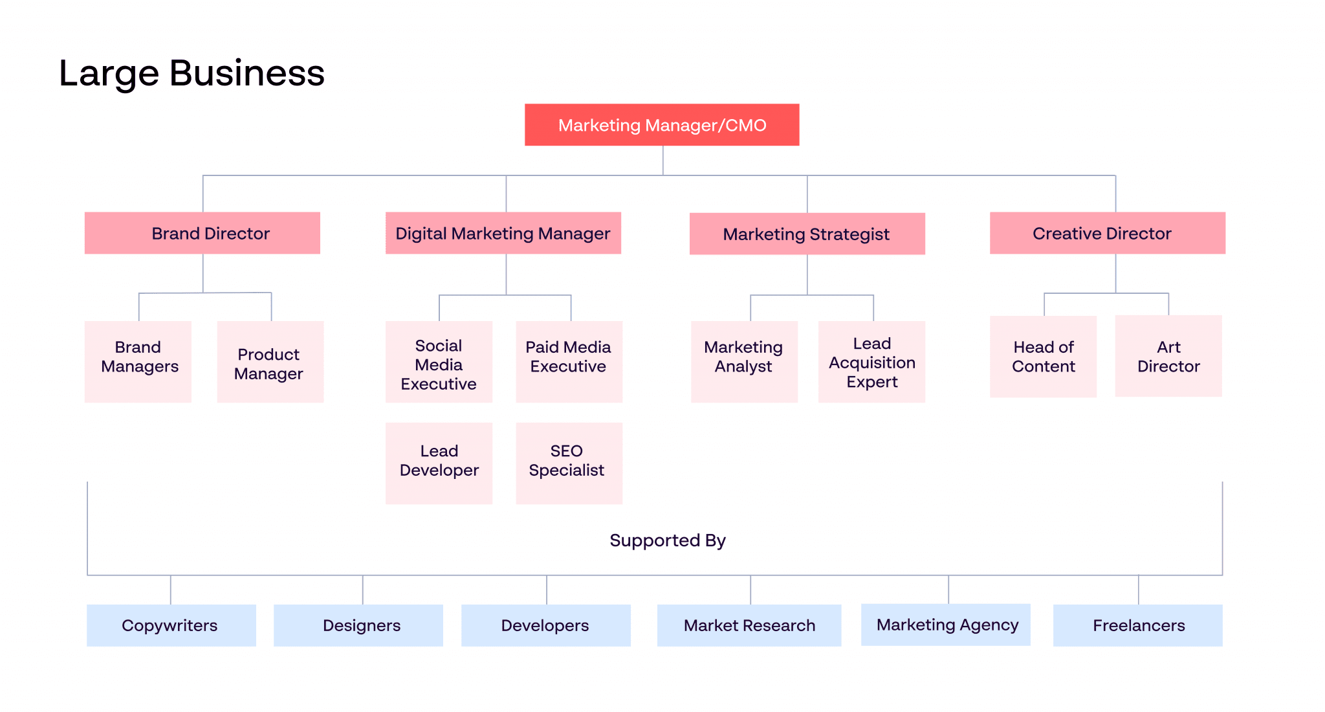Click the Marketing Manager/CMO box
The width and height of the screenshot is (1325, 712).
tap(662, 125)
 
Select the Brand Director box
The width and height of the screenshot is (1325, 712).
tap(203, 233)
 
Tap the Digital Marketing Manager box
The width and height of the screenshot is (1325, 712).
tap(503, 233)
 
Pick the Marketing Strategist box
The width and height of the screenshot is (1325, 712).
tap(807, 234)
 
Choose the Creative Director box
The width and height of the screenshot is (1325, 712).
tap(1107, 233)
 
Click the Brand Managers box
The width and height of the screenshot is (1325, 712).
tap(138, 361)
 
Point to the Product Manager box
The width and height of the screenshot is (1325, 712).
tap(270, 361)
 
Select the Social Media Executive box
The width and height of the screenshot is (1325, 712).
tap(439, 361)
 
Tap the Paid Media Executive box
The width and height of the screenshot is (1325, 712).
tap(569, 361)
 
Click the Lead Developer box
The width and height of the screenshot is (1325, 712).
tap(439, 463)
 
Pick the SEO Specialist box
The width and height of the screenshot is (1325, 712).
tap(569, 463)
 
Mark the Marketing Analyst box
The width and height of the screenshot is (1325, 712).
tap(744, 361)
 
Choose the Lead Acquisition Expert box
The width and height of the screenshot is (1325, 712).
tap(871, 361)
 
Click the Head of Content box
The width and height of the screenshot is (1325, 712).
tap(1043, 357)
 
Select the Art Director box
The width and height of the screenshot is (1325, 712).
tap(1168, 356)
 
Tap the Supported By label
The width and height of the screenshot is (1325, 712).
tap(668, 540)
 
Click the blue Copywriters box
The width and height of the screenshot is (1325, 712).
tap(171, 625)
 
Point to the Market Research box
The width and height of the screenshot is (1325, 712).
tap(749, 625)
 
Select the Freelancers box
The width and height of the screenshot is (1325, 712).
tap(1138, 625)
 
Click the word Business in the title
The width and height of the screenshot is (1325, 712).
tap(246, 73)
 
